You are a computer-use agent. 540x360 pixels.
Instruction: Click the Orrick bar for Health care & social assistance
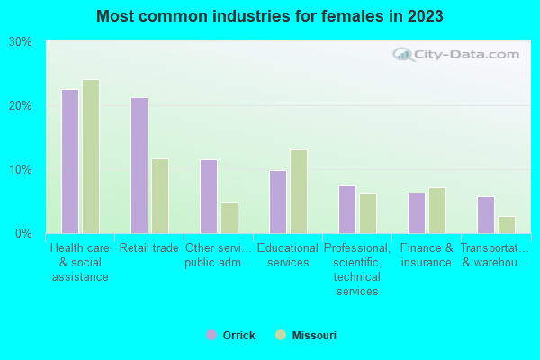pos(70,161)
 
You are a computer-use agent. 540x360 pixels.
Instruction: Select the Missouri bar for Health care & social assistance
pos(91,157)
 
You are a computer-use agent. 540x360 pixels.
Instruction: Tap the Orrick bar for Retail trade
pos(139,166)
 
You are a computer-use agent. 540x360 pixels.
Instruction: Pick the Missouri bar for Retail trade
pos(160,196)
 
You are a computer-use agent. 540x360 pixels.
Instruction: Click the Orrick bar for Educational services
pos(278,202)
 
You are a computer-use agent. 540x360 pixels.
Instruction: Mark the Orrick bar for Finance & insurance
pos(417,213)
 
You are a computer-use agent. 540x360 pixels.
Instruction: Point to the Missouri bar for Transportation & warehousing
pos(507,225)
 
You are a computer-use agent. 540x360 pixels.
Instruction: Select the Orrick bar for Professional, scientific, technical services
pos(347,210)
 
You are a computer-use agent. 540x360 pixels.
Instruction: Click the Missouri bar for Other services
pos(229,218)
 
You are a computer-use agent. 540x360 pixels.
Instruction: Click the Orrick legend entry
pos(230,336)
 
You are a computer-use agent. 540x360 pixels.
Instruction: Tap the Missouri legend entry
pos(306,336)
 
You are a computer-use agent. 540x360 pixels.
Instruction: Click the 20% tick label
pos(21,106)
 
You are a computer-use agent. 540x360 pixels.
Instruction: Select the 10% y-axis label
pos(21,170)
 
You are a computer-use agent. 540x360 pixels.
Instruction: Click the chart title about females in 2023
pos(270,16)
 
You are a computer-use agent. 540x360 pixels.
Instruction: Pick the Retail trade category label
pos(149,248)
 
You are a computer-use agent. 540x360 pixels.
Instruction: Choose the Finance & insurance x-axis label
pos(427,256)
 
